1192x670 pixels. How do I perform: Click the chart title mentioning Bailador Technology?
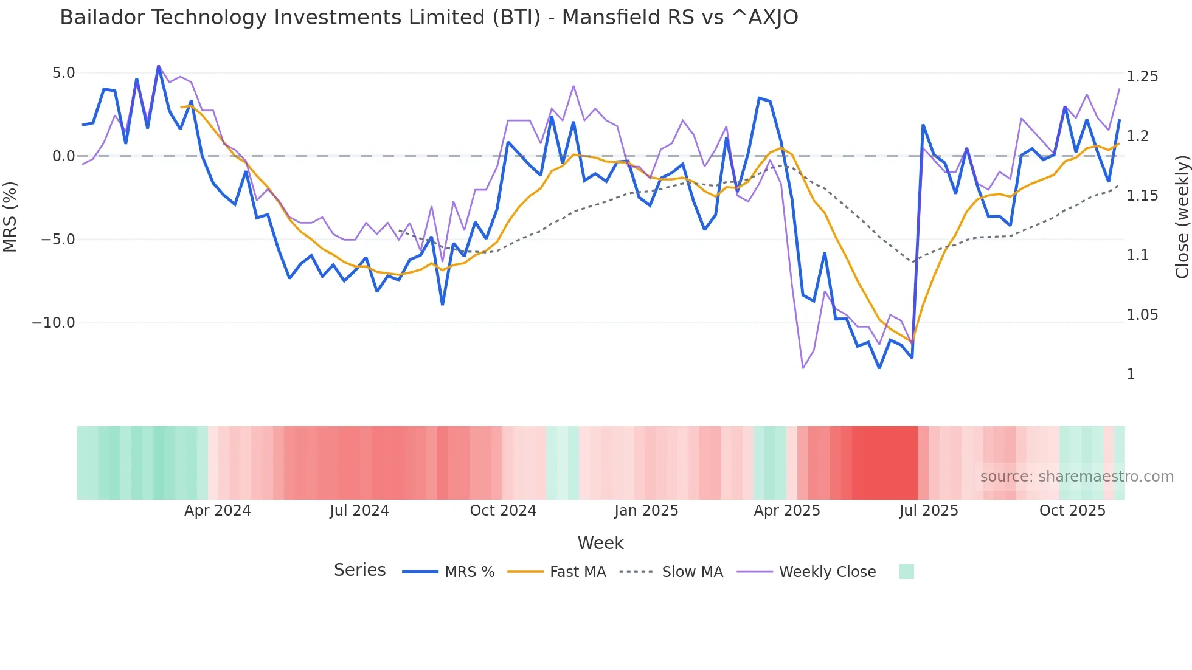(x=429, y=18)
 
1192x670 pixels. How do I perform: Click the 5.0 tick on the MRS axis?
(x=63, y=73)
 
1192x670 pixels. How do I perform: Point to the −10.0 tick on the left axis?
(x=54, y=323)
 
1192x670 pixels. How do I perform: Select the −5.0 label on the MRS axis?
(x=58, y=240)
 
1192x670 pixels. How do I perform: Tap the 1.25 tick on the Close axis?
(x=1142, y=77)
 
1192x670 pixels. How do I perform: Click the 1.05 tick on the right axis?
(x=1142, y=315)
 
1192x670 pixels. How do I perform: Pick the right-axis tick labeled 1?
(x=1131, y=375)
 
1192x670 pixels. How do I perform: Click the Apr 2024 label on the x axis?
(x=217, y=511)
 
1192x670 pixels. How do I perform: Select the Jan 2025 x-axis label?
(x=646, y=511)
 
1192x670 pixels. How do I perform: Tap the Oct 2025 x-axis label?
(x=1072, y=511)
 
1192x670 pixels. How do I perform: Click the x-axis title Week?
(x=600, y=543)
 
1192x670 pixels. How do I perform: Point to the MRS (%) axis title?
(x=10, y=216)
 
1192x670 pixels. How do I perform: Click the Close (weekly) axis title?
(x=1182, y=216)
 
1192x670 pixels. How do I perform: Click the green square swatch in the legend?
(x=906, y=572)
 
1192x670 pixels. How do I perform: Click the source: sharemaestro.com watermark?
(x=1076, y=477)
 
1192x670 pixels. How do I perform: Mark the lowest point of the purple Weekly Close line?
(x=803, y=368)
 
